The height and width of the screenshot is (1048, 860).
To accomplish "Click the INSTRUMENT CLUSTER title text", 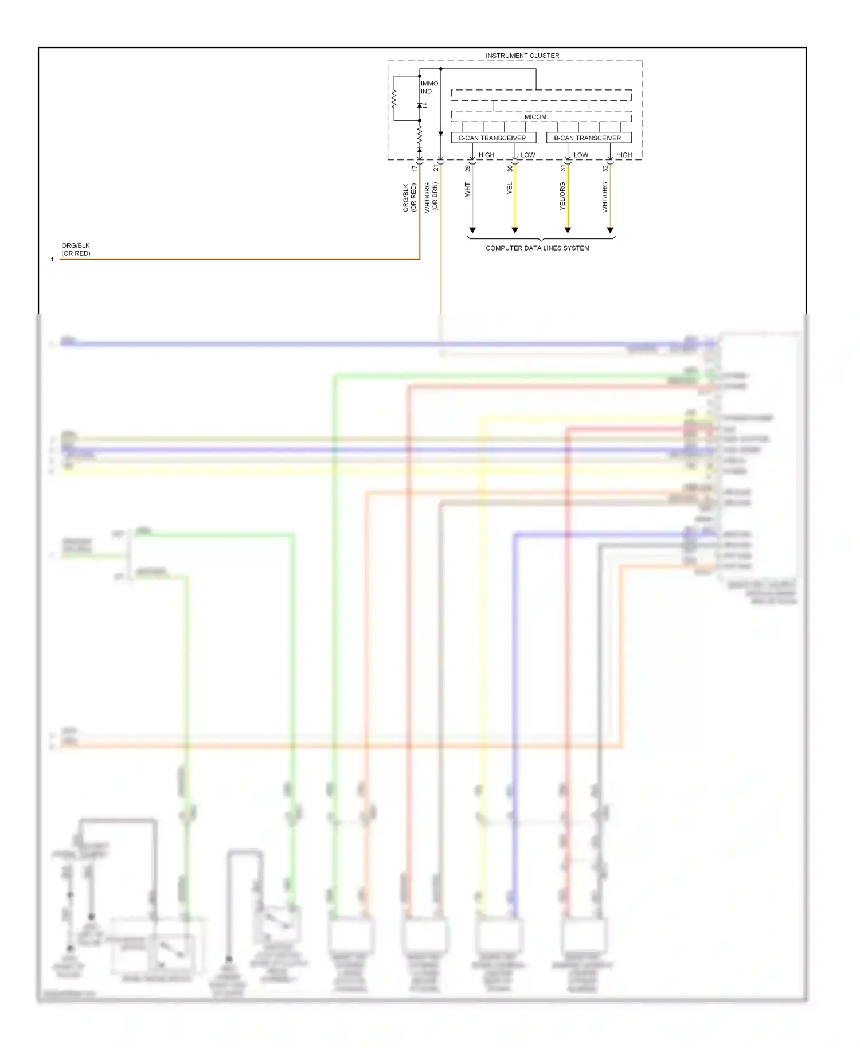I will point(522,56).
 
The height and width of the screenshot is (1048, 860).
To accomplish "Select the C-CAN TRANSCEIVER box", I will point(493,138).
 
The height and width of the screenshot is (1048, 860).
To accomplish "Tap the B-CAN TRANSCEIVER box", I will point(588,138).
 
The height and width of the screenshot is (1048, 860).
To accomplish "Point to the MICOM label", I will point(535,117).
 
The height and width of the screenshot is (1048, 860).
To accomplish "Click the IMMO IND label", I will point(429,87).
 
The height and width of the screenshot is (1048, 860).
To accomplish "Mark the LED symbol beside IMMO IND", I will point(420,105).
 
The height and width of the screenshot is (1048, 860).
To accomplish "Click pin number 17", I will point(415,169).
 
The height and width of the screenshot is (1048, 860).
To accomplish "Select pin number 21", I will point(436,169).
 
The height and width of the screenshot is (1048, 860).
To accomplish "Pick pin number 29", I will point(467,169).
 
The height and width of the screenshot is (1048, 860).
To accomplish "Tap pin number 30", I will point(510,169).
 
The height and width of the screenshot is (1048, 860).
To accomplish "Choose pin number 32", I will point(605,169).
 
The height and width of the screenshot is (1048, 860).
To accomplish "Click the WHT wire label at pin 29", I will point(467,190).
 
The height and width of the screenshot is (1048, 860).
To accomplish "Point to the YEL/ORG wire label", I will point(562,196).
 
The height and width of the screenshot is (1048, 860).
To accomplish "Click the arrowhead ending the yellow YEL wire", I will point(515,230).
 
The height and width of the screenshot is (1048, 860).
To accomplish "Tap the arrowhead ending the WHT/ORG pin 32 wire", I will point(610,230).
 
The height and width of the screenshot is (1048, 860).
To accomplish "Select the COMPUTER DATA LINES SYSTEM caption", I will point(537,248).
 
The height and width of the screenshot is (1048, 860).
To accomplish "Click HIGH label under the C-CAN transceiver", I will point(486,155).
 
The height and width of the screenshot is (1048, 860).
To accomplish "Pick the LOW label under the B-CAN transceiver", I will point(581,155).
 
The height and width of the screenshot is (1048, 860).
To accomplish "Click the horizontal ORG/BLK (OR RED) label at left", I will point(76,249).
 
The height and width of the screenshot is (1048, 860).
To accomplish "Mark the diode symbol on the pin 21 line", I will point(441,134).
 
